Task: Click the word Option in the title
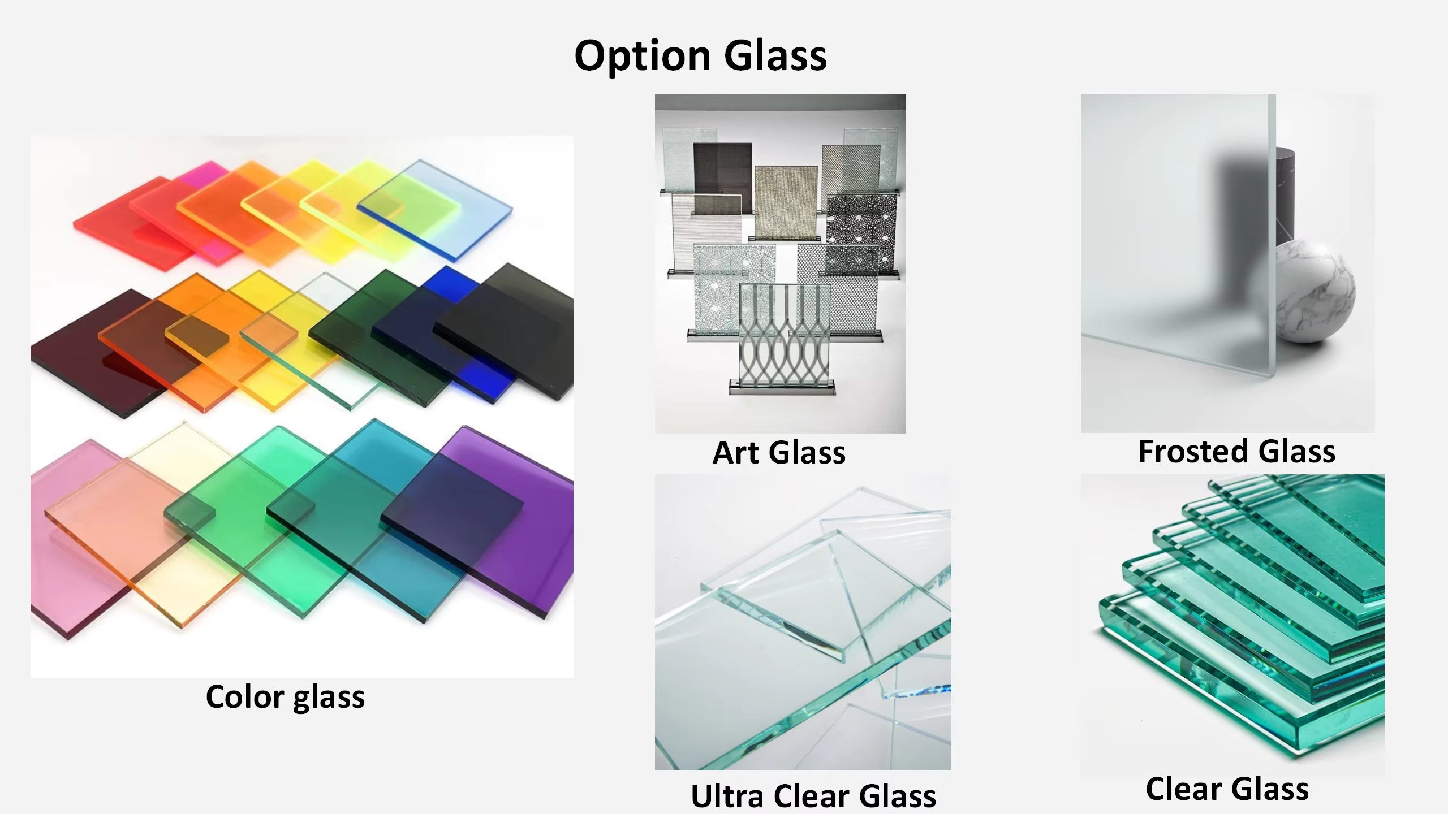point(642,56)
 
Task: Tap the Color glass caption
point(285,696)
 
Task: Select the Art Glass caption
point(779,453)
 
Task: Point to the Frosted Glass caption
point(1236,452)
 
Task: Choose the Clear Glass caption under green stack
point(1227,789)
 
